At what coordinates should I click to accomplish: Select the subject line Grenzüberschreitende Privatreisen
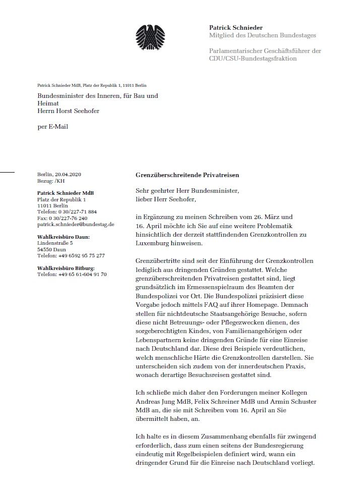point(187,175)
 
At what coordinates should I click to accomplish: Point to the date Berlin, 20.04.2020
point(59,175)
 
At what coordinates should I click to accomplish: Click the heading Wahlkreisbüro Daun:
point(62,237)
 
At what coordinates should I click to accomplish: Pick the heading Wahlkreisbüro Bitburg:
point(66,268)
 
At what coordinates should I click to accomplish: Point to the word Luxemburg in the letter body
point(155,244)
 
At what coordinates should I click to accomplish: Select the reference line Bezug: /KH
point(51,181)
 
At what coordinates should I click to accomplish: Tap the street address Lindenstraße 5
point(55,243)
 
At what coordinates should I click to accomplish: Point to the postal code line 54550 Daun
point(51,249)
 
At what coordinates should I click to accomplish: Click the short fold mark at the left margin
point(7,173)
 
